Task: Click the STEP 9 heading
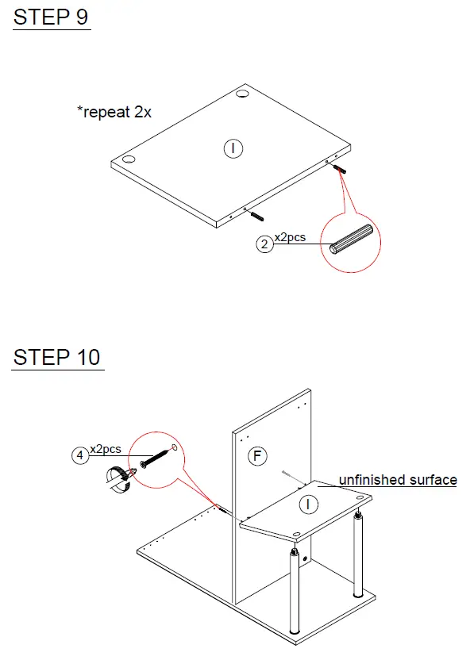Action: pyautogui.click(x=51, y=17)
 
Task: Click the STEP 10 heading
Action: pyautogui.click(x=57, y=357)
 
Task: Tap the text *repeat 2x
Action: pyautogui.click(x=114, y=112)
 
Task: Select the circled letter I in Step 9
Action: pyautogui.click(x=233, y=148)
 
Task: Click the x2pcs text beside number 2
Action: pyautogui.click(x=290, y=236)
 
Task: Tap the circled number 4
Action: pyautogui.click(x=79, y=455)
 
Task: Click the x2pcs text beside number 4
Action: pyautogui.click(x=106, y=448)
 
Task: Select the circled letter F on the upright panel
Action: pyautogui.click(x=256, y=455)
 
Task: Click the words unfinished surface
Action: pyautogui.click(x=398, y=480)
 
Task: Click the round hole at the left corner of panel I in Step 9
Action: pyautogui.click(x=129, y=158)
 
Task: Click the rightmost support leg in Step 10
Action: pyautogui.click(x=359, y=554)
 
